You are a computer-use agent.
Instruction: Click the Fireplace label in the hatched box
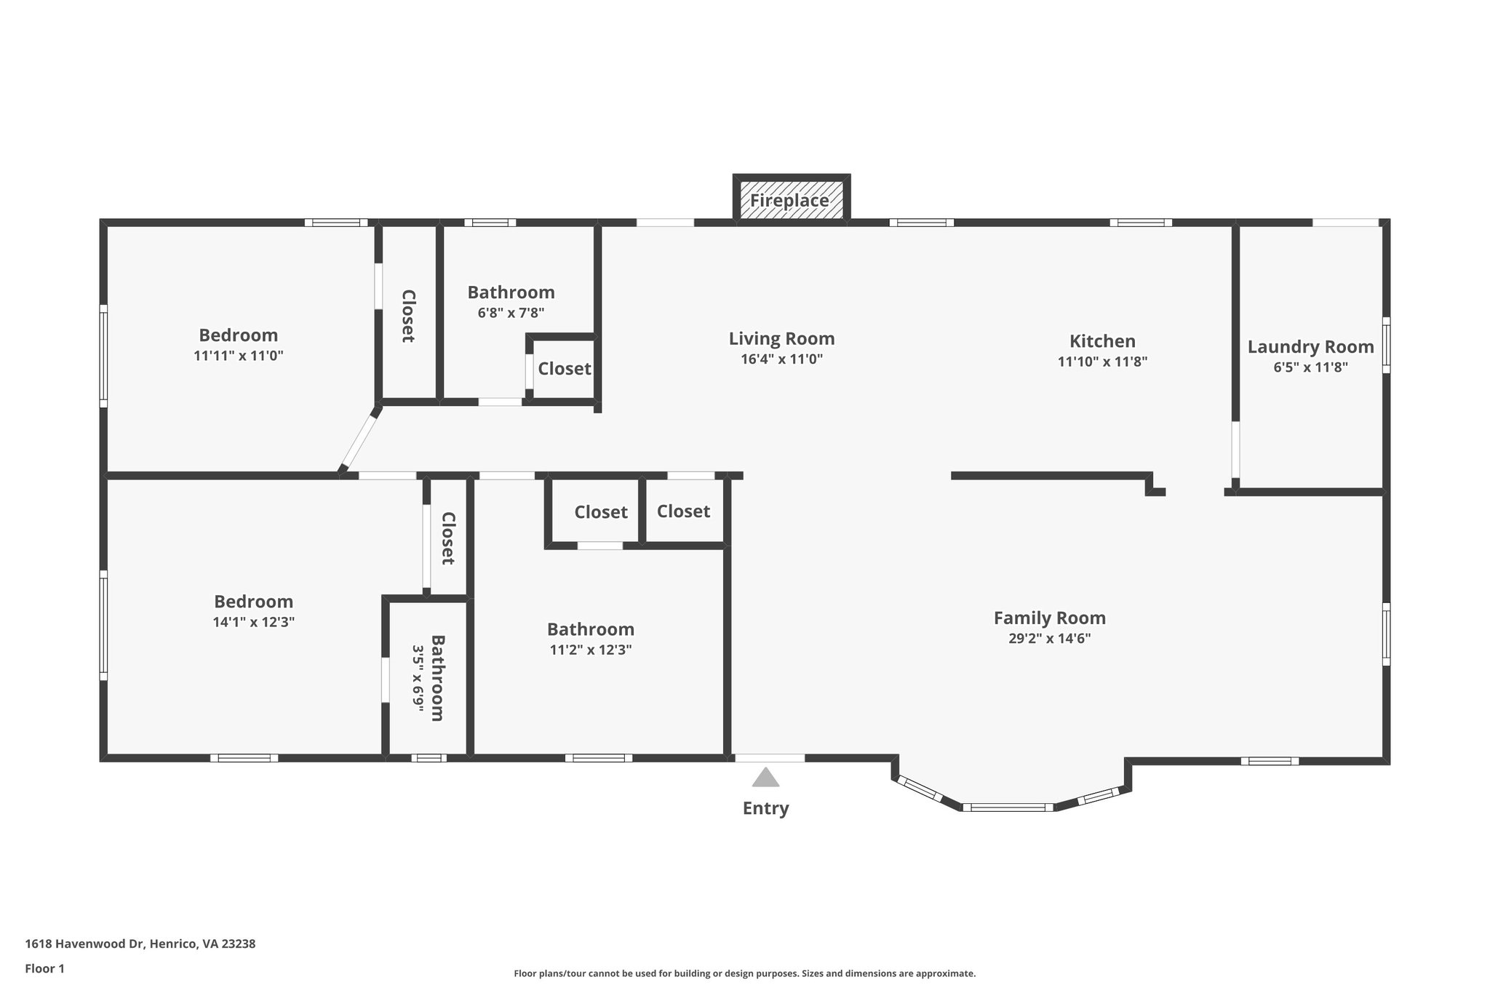coord(789,200)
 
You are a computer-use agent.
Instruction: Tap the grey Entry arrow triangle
coord(765,778)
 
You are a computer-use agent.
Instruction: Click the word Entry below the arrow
coord(765,808)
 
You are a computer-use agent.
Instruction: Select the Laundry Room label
coord(1310,347)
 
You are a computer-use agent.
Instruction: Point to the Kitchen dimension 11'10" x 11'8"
coord(1102,362)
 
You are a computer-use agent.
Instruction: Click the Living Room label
coord(781,338)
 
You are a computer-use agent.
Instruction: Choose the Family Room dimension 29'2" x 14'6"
coord(1049,639)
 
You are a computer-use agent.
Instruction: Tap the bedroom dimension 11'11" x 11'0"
coord(238,356)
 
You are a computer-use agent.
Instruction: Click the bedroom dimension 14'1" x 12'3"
coord(253,622)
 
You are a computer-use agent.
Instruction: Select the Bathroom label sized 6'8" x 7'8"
coord(511,292)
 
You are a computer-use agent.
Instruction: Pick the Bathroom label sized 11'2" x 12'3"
coord(590,629)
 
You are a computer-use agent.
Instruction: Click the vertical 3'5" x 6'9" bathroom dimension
coord(418,678)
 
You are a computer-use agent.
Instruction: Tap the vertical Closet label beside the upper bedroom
coord(408,316)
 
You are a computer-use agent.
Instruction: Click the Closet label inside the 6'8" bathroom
coord(564,369)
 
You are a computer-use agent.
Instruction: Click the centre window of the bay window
coord(1008,807)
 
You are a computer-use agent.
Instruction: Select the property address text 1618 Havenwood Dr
coord(140,944)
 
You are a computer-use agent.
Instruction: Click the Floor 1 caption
coord(44,968)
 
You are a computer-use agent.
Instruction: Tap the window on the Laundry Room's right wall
coord(1386,345)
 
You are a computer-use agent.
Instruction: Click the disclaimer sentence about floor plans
coord(744,973)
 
